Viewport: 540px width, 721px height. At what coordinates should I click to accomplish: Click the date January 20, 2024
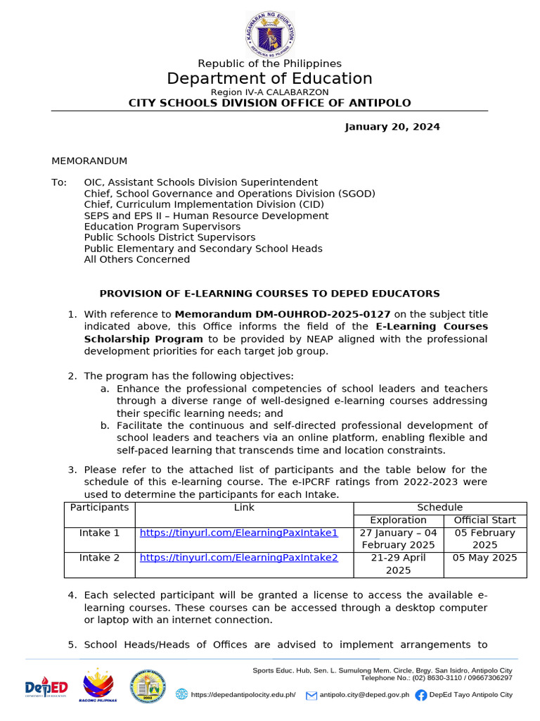click(392, 127)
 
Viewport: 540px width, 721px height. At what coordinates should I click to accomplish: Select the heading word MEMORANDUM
click(89, 161)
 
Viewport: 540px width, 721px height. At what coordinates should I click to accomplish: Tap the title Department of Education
click(269, 78)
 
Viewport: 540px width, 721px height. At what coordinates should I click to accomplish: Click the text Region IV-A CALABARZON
click(269, 92)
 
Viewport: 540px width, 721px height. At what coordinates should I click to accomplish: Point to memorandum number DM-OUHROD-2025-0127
click(291, 314)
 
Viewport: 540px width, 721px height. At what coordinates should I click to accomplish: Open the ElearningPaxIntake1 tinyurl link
click(239, 533)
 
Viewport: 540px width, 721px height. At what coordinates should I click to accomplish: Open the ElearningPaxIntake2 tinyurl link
click(239, 558)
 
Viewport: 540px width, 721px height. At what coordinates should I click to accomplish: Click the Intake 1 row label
click(99, 533)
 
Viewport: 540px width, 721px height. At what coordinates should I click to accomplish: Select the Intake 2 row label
click(99, 558)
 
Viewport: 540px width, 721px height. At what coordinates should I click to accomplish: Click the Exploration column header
click(398, 520)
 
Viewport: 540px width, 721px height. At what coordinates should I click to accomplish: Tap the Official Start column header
click(484, 520)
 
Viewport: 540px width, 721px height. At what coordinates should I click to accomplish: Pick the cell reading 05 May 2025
click(484, 558)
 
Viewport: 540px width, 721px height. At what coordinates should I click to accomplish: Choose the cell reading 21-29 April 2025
click(398, 564)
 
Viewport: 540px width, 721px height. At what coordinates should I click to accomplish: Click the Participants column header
click(99, 508)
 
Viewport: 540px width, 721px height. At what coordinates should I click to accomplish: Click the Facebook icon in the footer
click(421, 695)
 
